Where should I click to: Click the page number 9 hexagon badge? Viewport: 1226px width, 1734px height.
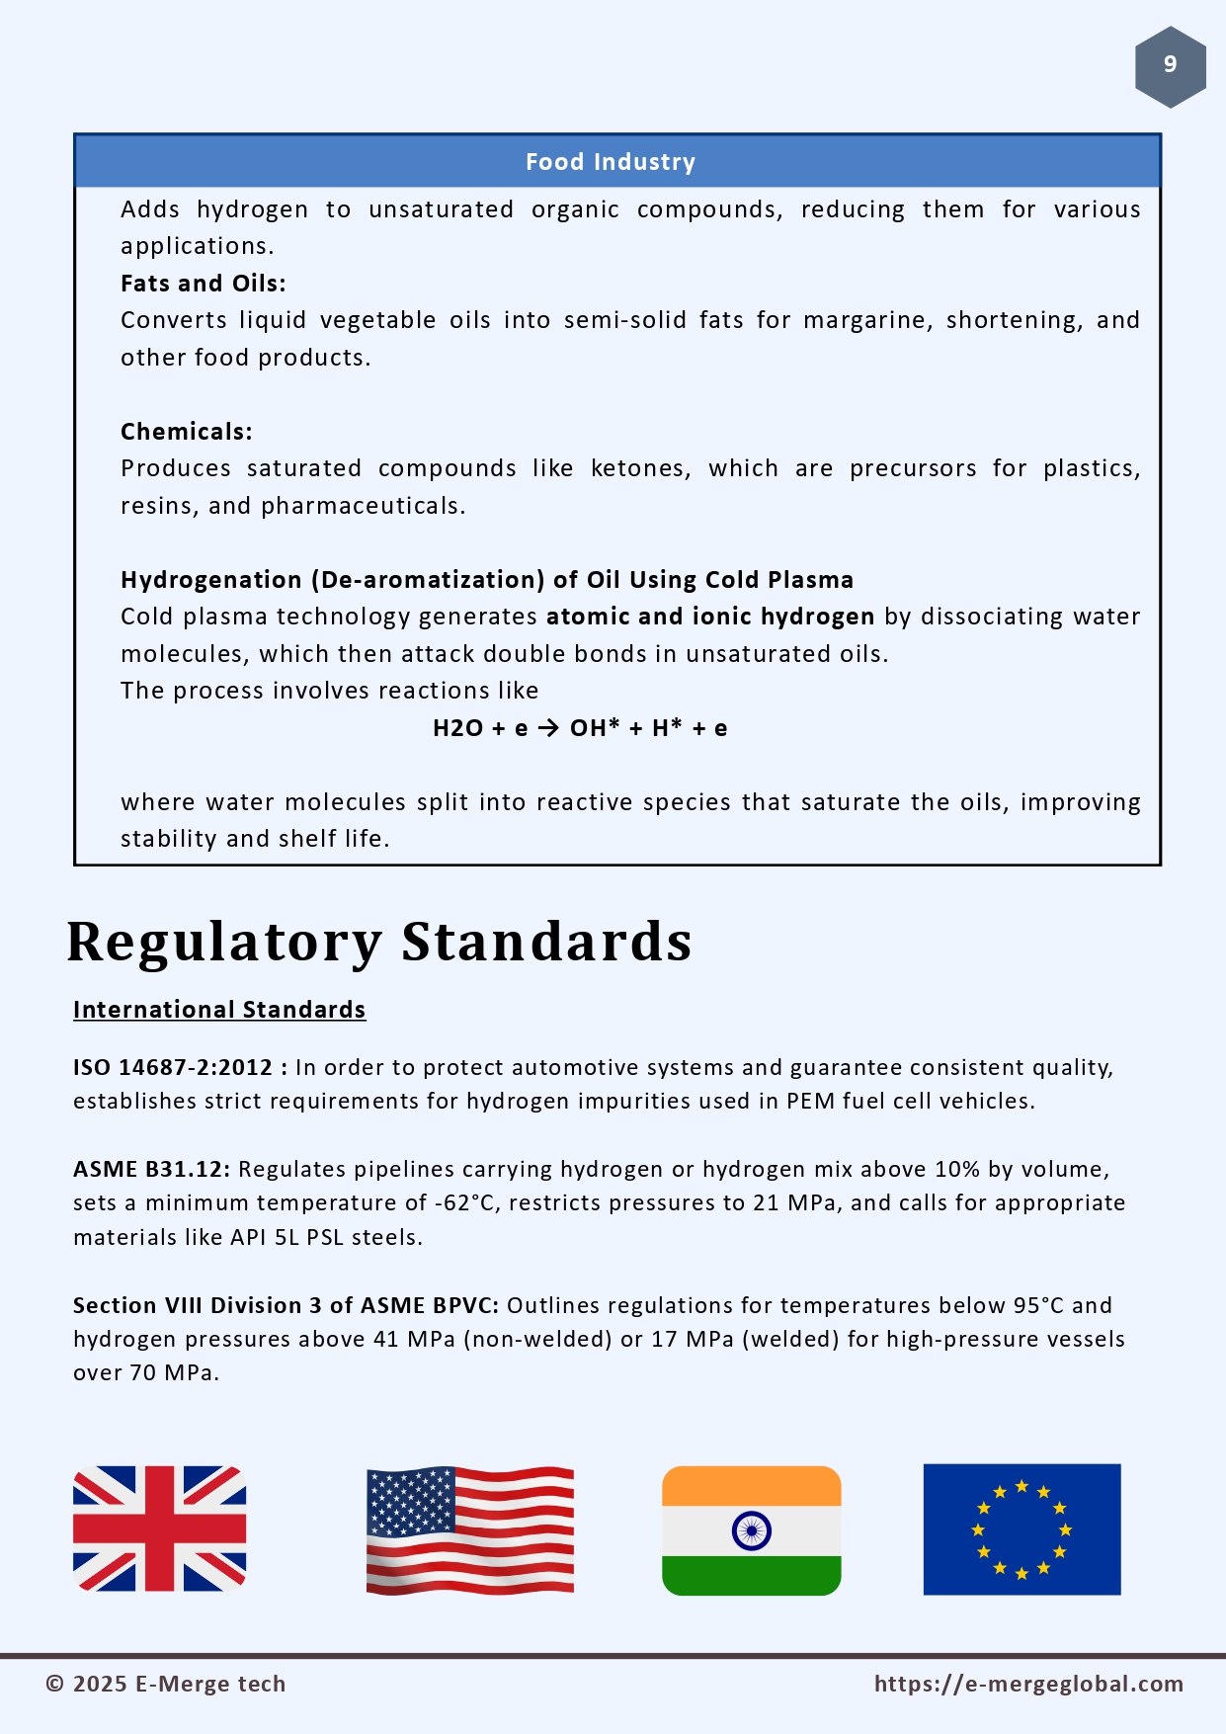(1170, 66)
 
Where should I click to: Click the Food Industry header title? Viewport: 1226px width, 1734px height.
(611, 162)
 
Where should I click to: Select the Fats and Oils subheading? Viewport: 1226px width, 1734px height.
(203, 284)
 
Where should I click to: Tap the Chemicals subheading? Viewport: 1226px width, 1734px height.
(186, 432)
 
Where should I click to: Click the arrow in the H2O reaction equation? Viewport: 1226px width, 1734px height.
(548, 728)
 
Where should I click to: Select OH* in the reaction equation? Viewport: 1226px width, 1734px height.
(595, 728)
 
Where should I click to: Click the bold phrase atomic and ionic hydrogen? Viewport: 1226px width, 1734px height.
(709, 617)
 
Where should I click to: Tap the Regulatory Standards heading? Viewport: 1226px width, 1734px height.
(379, 941)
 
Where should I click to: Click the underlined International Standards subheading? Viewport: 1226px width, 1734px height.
(219, 1010)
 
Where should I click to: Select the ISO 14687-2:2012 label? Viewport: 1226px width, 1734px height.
(173, 1067)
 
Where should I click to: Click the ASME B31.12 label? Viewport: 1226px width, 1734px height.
(150, 1169)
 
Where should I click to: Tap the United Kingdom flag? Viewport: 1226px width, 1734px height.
(160, 1528)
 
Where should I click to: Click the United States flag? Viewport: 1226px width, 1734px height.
(469, 1529)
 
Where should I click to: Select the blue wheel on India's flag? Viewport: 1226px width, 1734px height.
(752, 1531)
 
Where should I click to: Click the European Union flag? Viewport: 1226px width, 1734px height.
(1022, 1529)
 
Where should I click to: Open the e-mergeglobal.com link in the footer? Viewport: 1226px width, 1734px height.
(1028, 1684)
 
